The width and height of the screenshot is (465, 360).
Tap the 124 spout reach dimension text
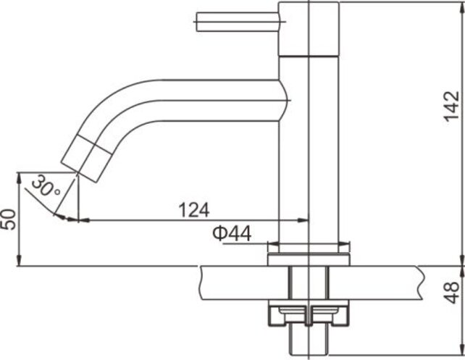click(x=194, y=210)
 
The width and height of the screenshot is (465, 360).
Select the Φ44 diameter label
click(x=232, y=233)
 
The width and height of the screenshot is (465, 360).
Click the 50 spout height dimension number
click(x=8, y=219)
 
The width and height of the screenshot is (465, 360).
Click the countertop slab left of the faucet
click(x=232, y=282)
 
